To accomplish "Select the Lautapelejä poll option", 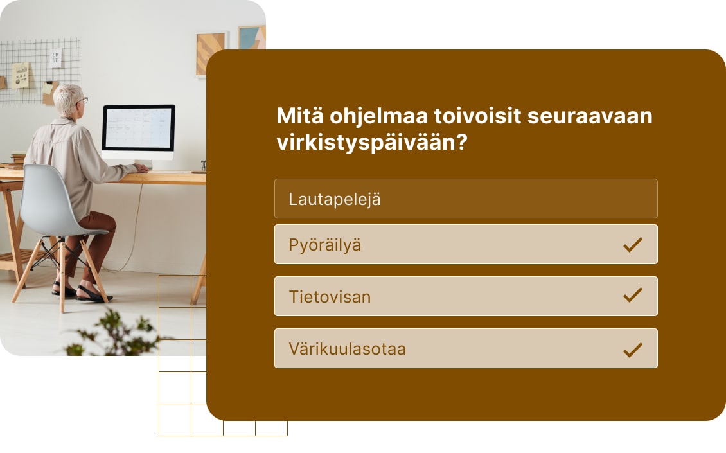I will (x=465, y=199).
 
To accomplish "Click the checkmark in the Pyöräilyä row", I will (x=633, y=244).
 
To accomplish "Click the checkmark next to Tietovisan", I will (x=633, y=296).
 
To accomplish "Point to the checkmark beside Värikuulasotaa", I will (x=633, y=349).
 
